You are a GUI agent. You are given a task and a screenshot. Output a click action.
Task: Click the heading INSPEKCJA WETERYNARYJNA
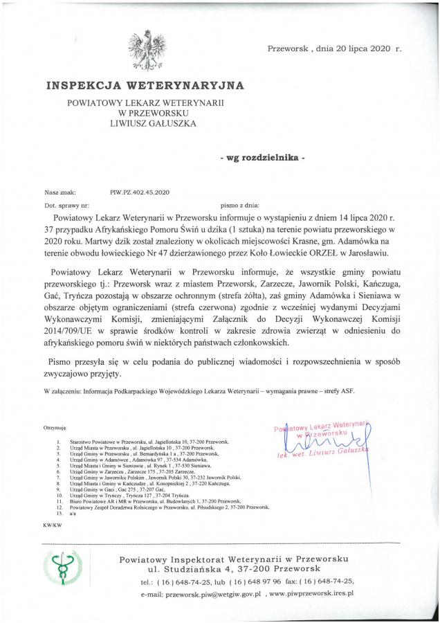145,87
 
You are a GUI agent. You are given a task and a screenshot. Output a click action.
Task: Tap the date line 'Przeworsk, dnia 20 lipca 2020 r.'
334,50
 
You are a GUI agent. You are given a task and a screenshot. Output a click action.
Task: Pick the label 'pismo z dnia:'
239,206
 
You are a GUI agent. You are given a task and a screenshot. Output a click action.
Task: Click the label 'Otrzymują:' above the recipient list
55,429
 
